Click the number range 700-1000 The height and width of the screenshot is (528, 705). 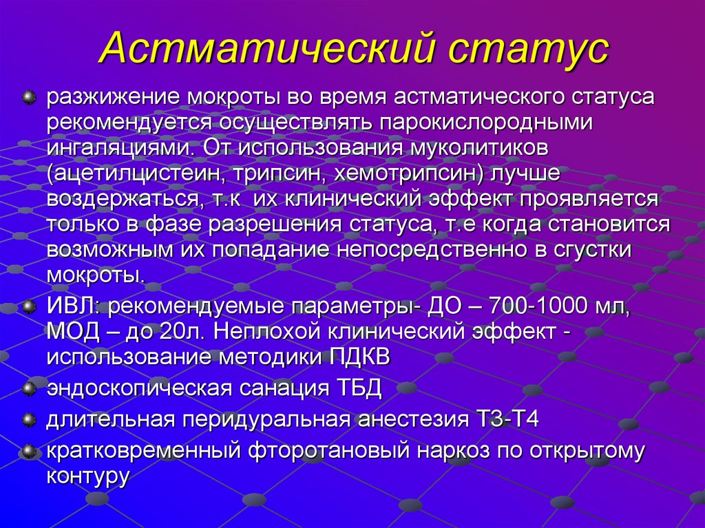point(524,306)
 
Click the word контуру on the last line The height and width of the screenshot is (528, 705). point(88,476)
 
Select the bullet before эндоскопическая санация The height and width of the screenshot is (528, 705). point(29,388)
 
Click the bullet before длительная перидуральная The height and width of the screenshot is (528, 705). point(29,419)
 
